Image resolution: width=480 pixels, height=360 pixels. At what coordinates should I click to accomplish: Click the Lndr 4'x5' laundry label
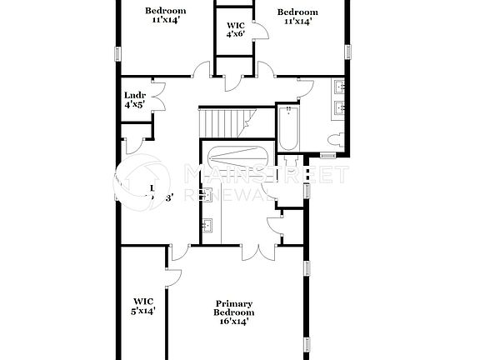pyautogui.click(x=135, y=100)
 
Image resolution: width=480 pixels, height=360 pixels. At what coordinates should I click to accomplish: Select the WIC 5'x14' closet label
pyautogui.click(x=143, y=306)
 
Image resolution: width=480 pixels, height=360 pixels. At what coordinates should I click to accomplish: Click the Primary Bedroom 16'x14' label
pyautogui.click(x=233, y=312)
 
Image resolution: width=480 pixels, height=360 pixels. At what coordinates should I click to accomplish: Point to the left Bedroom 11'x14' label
pyautogui.click(x=164, y=17)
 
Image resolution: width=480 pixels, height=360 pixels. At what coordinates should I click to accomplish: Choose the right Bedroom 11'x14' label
pyautogui.click(x=297, y=17)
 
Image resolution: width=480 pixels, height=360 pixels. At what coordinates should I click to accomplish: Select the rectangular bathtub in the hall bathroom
pyautogui.click(x=288, y=127)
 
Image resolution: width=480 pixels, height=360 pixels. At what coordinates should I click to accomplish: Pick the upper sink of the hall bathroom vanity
pyautogui.click(x=340, y=87)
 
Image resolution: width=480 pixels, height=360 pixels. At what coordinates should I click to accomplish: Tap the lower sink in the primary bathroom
pyautogui.click(x=207, y=225)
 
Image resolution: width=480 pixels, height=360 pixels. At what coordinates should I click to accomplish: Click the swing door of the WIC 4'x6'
pyautogui.click(x=259, y=32)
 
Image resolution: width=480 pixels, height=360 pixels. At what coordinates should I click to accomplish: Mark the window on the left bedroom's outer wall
pyautogui.click(x=117, y=52)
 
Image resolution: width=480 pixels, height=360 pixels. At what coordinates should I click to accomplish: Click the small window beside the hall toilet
pyautogui.click(x=327, y=154)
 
